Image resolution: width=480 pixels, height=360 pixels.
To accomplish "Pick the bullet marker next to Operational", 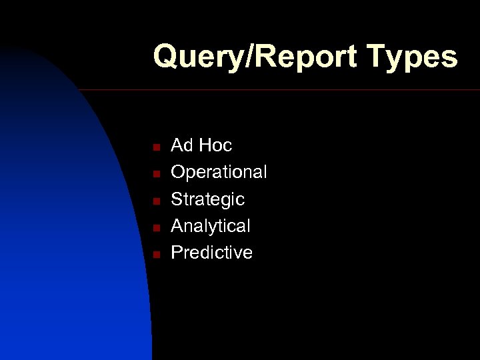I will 154,173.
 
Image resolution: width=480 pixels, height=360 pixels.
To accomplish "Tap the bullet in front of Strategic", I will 154,200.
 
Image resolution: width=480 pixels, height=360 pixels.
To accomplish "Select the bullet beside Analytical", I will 154,227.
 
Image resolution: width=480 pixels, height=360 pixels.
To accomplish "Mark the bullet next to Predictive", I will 154,254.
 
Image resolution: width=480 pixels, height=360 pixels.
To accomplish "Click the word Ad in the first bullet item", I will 181,145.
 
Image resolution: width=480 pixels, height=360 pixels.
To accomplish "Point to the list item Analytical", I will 211,227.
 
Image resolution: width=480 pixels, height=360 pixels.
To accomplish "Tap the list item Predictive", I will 211,253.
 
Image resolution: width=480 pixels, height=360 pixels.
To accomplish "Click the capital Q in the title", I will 165,57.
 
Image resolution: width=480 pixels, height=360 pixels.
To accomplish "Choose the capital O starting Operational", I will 179,172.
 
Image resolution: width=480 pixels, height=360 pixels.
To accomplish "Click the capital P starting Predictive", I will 177,253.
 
